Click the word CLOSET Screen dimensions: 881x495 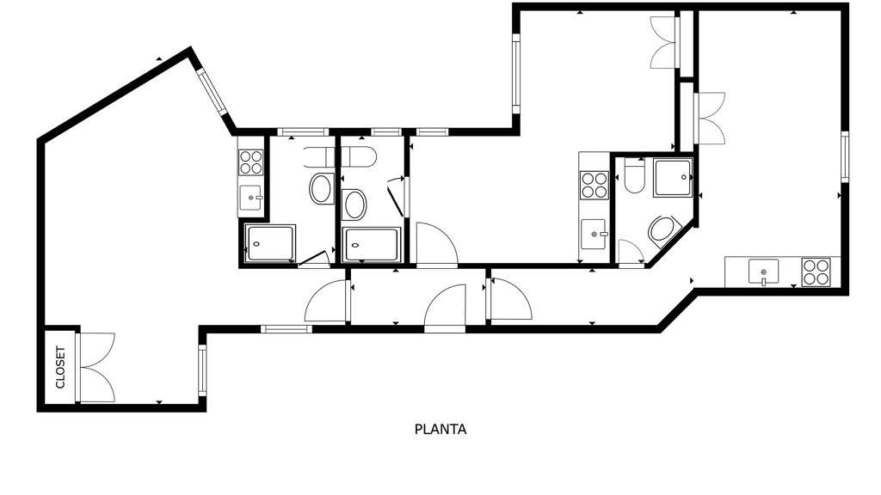click(x=60, y=368)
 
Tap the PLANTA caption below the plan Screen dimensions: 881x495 click(x=440, y=430)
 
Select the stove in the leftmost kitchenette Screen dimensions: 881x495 click(x=250, y=162)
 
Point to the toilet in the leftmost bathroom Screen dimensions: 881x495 click(x=318, y=157)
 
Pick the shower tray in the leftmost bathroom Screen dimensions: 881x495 click(x=270, y=243)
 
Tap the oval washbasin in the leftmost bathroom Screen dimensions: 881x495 click(x=321, y=188)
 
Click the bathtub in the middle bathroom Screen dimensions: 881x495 click(x=372, y=244)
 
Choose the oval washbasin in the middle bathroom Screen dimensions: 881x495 click(x=354, y=205)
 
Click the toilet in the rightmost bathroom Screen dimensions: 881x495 click(x=634, y=176)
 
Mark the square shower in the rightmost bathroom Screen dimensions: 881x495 click(x=673, y=177)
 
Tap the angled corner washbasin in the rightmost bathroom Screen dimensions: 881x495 click(x=664, y=231)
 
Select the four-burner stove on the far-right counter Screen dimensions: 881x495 click(x=816, y=272)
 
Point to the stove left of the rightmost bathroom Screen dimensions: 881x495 click(x=594, y=185)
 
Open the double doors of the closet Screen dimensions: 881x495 click(x=96, y=368)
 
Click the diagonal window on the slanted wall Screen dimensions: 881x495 click(x=212, y=93)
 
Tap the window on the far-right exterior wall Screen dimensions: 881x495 click(x=844, y=156)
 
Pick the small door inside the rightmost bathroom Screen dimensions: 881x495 click(x=631, y=252)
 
